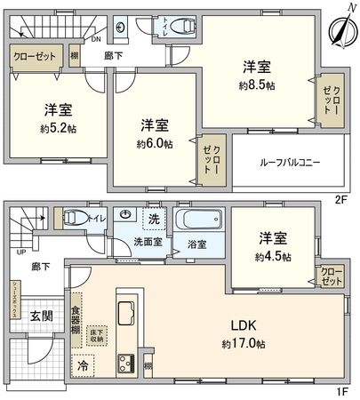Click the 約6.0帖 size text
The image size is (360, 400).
(x=154, y=142)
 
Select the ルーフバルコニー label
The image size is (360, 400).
(x=289, y=164)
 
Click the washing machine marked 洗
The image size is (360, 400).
(x=153, y=219)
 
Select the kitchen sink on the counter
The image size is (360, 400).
(x=124, y=314)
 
